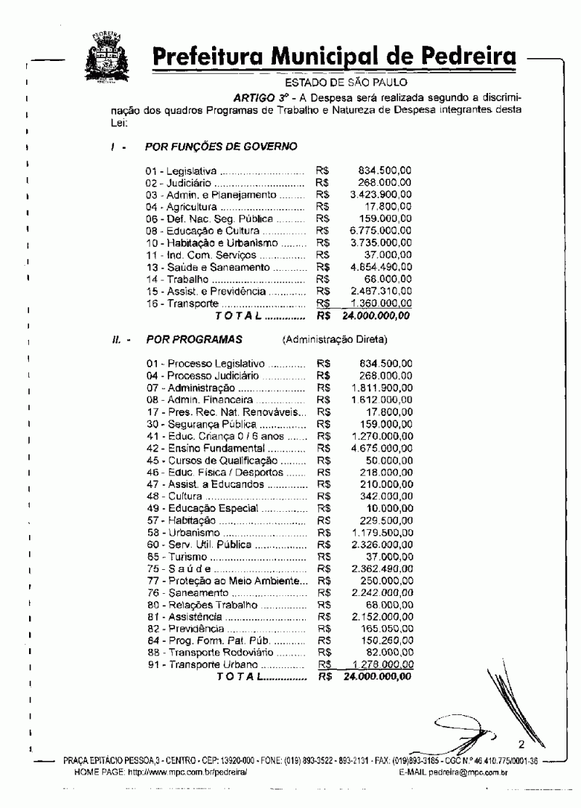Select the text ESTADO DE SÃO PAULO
334,83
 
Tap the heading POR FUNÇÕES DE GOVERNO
222,147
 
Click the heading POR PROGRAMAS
193,339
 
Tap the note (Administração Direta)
337,339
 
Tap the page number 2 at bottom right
521,745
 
